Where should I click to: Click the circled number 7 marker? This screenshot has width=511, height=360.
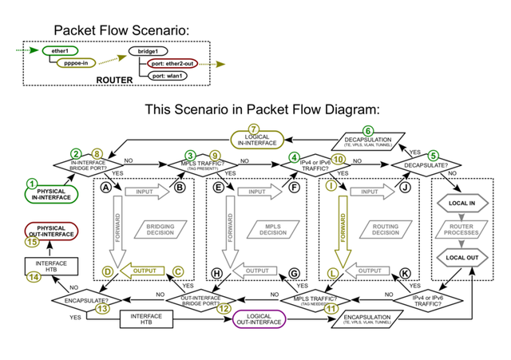[x=254, y=129]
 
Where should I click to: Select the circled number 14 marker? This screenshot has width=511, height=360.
[x=33, y=277]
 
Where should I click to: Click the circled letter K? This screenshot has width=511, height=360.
[x=406, y=273]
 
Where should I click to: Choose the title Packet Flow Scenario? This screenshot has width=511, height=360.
[x=121, y=30]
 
